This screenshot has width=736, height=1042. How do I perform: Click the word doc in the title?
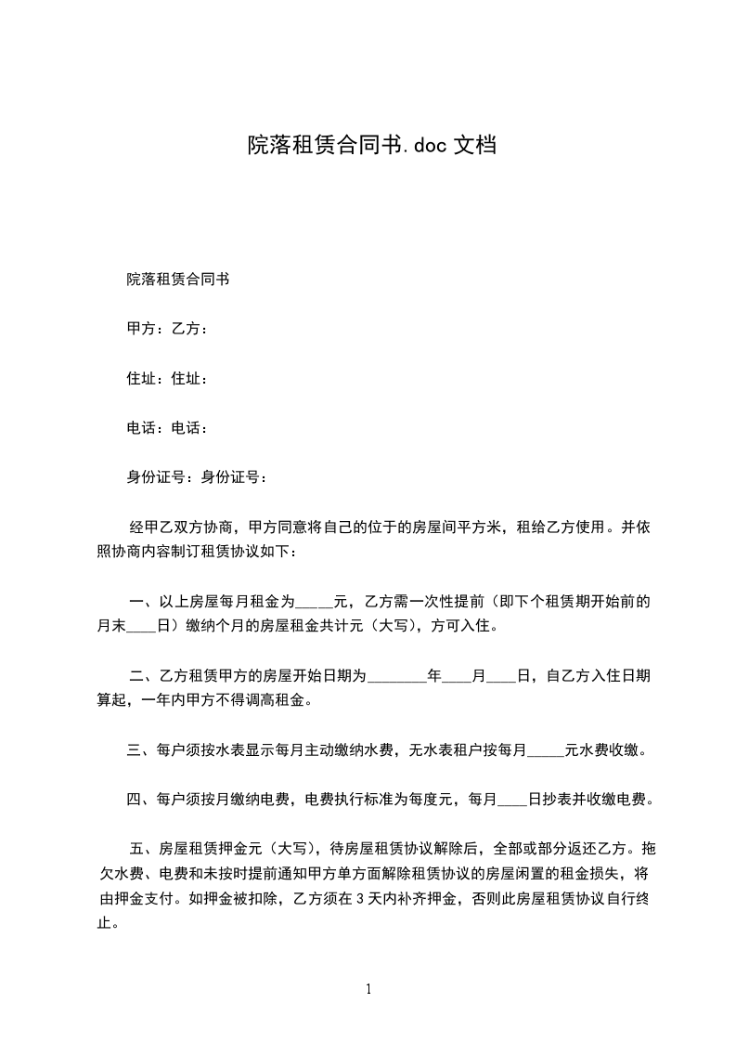[426, 146]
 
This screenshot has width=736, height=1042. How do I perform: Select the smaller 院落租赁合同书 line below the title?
[178, 279]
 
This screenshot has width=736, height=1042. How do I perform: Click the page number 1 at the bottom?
[368, 989]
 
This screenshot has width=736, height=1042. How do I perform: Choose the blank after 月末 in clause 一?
[144, 626]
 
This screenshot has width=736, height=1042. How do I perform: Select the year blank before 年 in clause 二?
[397, 676]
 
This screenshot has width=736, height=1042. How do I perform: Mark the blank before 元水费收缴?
[546, 750]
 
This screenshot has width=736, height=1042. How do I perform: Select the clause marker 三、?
[140, 750]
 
